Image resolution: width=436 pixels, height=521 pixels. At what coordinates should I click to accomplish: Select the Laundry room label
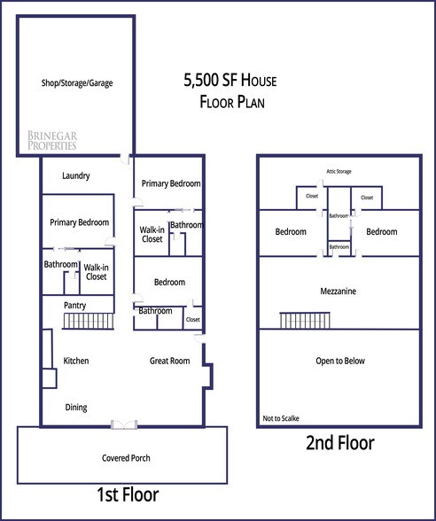tap(75, 176)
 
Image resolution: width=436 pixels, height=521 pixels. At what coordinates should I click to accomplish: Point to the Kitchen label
tap(75, 361)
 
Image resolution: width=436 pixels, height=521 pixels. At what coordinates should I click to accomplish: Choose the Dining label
tap(76, 407)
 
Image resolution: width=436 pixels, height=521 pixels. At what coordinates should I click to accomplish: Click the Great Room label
tap(168, 361)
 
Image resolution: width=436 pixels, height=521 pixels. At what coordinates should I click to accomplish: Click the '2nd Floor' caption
tap(340, 442)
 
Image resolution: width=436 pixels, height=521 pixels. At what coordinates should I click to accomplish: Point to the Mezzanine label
tap(339, 291)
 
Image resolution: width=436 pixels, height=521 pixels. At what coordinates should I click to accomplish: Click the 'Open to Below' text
tap(339, 361)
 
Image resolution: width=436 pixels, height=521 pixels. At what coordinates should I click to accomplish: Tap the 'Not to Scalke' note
tap(281, 416)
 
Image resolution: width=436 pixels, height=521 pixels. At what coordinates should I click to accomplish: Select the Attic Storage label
tap(339, 170)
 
